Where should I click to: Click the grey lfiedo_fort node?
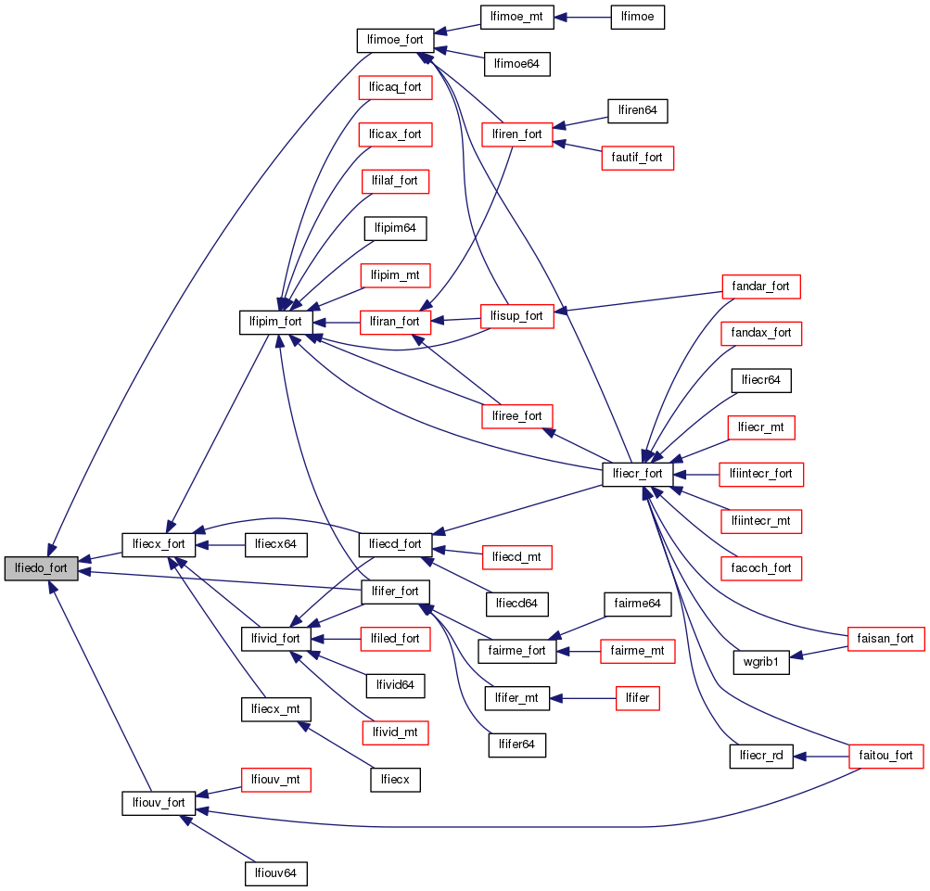pos(41,568)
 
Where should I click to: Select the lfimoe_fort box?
pos(396,41)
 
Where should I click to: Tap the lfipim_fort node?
pos(275,322)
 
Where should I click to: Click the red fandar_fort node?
pos(760,286)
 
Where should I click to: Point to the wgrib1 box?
pos(760,663)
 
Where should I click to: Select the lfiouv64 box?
pos(274,872)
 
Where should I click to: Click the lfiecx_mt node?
pos(275,709)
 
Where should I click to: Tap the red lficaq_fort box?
pos(395,87)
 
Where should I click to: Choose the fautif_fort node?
pos(637,158)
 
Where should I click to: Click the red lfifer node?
pos(637,698)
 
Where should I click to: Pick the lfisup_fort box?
pos(516,315)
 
